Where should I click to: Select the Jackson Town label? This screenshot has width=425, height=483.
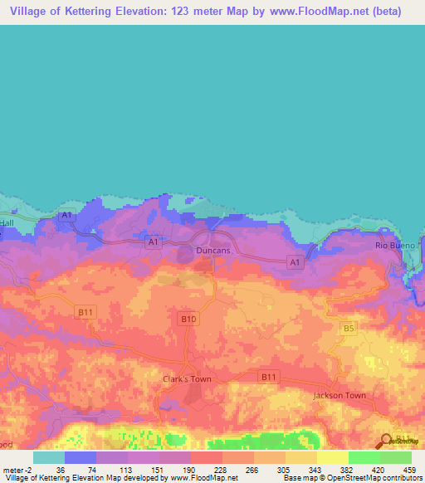coord(339,395)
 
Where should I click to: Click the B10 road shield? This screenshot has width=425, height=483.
coord(188,318)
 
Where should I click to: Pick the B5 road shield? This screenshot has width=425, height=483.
coord(349,329)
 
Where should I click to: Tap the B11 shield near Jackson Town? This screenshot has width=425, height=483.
coord(268,377)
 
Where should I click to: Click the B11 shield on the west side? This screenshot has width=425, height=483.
coord(84,312)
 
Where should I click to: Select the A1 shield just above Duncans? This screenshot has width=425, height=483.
coord(152,242)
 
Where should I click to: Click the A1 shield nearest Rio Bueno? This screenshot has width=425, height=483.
coord(294,262)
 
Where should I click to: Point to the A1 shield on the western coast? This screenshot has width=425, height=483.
coord(67,216)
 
